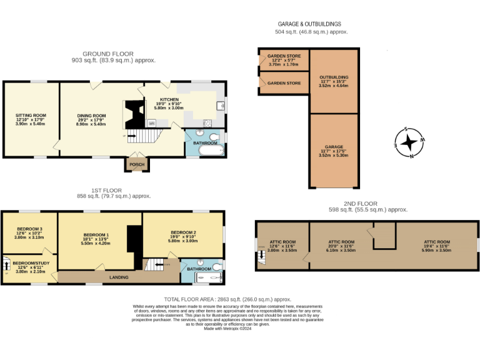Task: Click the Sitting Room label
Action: pyautogui.click(x=31, y=115)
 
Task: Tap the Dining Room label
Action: pyautogui.click(x=91, y=115)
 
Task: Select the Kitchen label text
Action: pyautogui.click(x=169, y=99)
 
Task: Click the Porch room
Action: pyautogui.click(x=136, y=164)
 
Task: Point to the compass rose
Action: pyautogui.click(x=409, y=143)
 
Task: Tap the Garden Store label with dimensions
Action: pyautogui.click(x=284, y=56)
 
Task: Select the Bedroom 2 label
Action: pyautogui.click(x=183, y=233)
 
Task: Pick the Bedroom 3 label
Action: pyautogui.click(x=28, y=229)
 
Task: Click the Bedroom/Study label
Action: pyautogui.click(x=31, y=263)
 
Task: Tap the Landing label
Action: pyautogui.click(x=118, y=277)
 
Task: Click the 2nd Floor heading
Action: pyautogui.click(x=360, y=203)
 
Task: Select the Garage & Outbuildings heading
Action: pyautogui.click(x=311, y=24)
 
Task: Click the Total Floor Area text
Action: pyautogui.click(x=227, y=299)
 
